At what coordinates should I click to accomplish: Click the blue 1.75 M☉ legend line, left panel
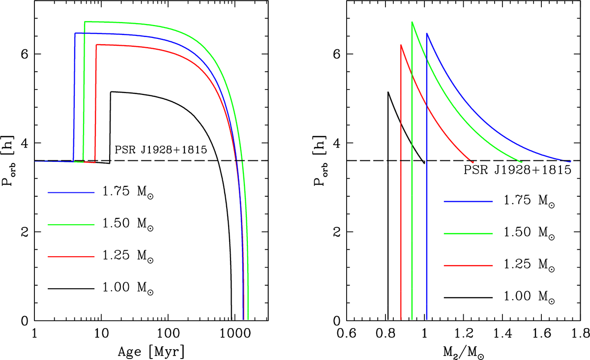(x=71, y=193)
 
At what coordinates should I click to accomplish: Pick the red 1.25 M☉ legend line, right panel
(x=468, y=265)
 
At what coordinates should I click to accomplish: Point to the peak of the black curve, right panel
(x=388, y=92)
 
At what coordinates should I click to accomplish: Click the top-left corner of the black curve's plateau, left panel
(x=111, y=92)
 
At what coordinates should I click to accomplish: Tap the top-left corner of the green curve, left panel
(x=85, y=22)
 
